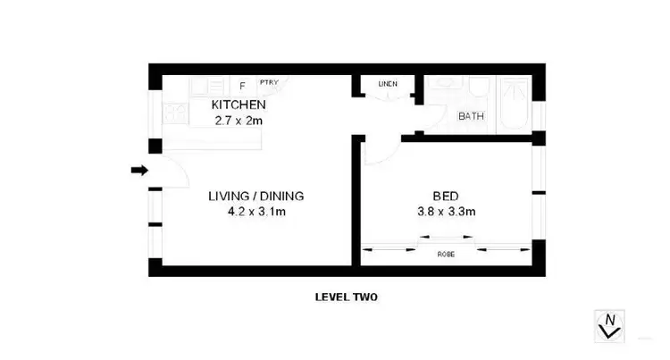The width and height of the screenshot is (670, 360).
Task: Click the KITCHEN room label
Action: pyautogui.click(x=239, y=105)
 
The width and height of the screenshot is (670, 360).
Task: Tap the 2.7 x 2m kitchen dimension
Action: pyautogui.click(x=239, y=119)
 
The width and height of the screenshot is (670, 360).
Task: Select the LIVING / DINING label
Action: pyautogui.click(x=257, y=197)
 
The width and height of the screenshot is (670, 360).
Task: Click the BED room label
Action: pyautogui.click(x=446, y=197)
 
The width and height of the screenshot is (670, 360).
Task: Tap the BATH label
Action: pyautogui.click(x=471, y=116)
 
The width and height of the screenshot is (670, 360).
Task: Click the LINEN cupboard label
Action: pyautogui.click(x=388, y=84)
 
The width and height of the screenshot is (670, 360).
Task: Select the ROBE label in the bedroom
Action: pyautogui.click(x=446, y=254)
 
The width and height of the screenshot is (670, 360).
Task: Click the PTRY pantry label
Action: pyautogui.click(x=268, y=83)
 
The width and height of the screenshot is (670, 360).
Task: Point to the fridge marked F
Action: pyautogui.click(x=242, y=86)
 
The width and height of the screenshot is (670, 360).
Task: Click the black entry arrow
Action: pyautogui.click(x=139, y=170)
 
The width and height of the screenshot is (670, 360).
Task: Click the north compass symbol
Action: pyautogui.click(x=610, y=324)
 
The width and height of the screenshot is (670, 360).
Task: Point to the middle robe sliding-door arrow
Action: pyautogui.click(x=447, y=238)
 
